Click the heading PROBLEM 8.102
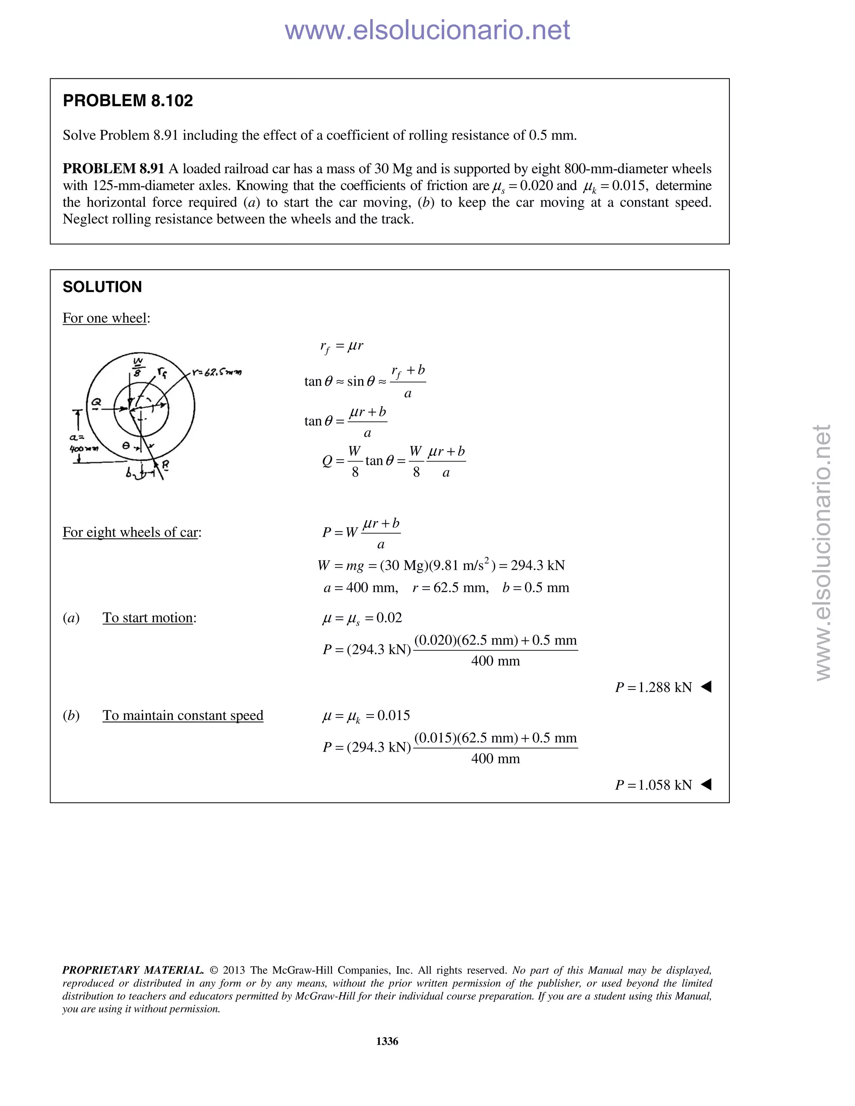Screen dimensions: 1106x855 (128, 101)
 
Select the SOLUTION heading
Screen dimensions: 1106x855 (102, 287)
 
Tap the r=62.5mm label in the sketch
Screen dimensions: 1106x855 (217, 373)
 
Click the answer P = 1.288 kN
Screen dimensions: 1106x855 (653, 687)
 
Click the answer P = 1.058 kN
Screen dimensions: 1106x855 (653, 785)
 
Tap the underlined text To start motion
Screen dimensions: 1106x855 (148, 618)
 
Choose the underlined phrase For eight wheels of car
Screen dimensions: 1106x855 (130, 532)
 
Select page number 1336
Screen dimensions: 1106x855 (387, 1041)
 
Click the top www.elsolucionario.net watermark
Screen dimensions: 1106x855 (427, 30)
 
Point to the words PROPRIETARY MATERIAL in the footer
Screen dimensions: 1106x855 (133, 970)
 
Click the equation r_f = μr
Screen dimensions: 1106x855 (341, 346)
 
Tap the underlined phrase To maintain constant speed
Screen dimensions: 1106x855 (183, 715)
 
